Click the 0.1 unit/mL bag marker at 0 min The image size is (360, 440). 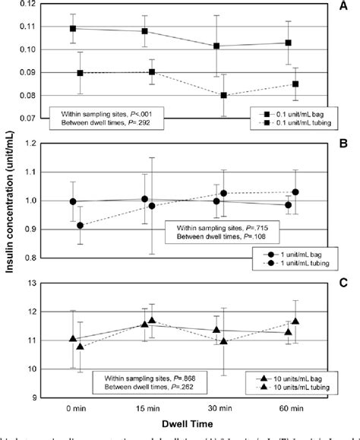point(74,28)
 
